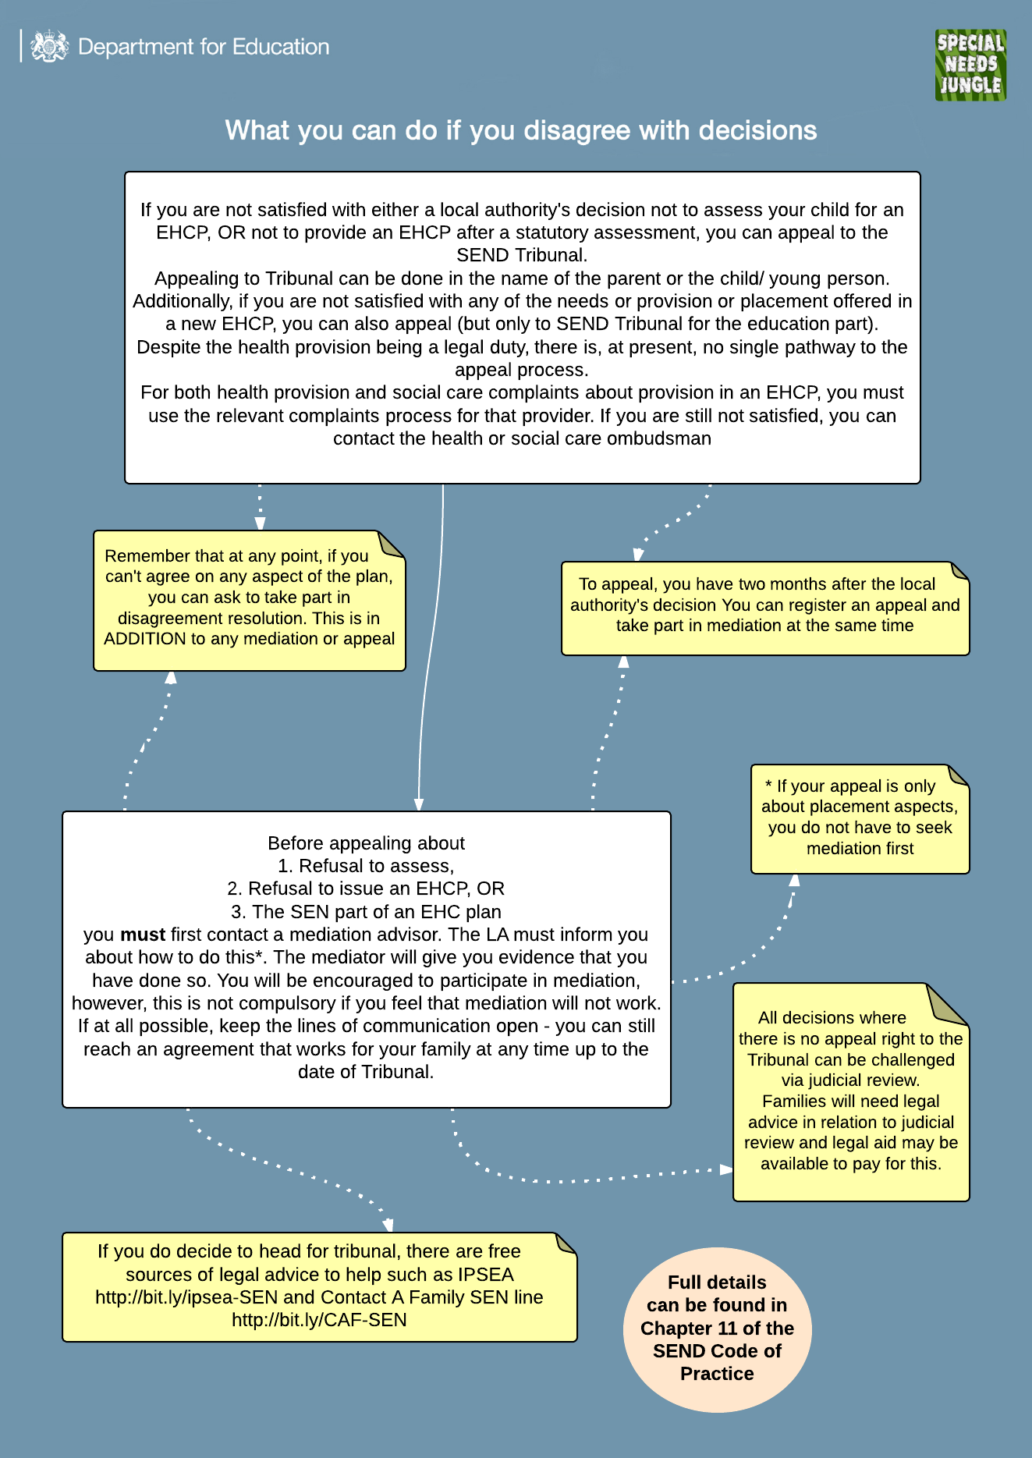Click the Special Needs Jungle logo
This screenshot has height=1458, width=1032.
(x=970, y=65)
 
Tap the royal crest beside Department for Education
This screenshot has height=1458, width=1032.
(x=49, y=47)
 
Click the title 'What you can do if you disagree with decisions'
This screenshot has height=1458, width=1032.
(x=520, y=130)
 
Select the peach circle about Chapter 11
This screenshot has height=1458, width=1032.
(x=717, y=1329)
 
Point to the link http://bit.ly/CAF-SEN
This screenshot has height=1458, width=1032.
(x=319, y=1320)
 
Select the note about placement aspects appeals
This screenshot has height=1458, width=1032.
(x=860, y=818)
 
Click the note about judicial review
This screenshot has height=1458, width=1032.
(x=850, y=1092)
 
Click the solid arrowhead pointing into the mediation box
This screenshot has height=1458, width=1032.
(x=419, y=805)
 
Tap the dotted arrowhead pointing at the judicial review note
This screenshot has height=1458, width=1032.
(x=725, y=1169)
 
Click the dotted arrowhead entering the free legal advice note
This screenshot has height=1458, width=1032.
(x=388, y=1226)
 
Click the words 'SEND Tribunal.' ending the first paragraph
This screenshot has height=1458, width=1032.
(x=522, y=255)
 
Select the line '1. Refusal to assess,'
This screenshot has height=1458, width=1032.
(x=366, y=866)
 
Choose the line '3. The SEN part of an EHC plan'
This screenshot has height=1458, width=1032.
(x=366, y=912)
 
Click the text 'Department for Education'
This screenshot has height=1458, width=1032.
(x=204, y=47)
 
